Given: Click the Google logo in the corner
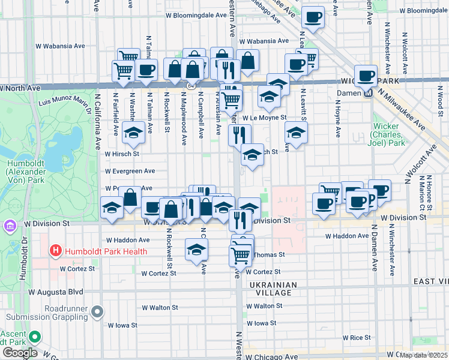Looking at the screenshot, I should [x=20, y=353].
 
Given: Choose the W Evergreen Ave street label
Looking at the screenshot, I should [x=130, y=171].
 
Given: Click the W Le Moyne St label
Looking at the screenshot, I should [x=264, y=118].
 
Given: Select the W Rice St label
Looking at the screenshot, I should [x=356, y=338].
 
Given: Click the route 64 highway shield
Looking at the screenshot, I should [x=190, y=86].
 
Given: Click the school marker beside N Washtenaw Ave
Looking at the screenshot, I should [x=133, y=133].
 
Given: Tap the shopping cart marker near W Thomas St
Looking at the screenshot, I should [x=240, y=255].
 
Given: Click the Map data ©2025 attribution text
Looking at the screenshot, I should [x=423, y=355].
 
